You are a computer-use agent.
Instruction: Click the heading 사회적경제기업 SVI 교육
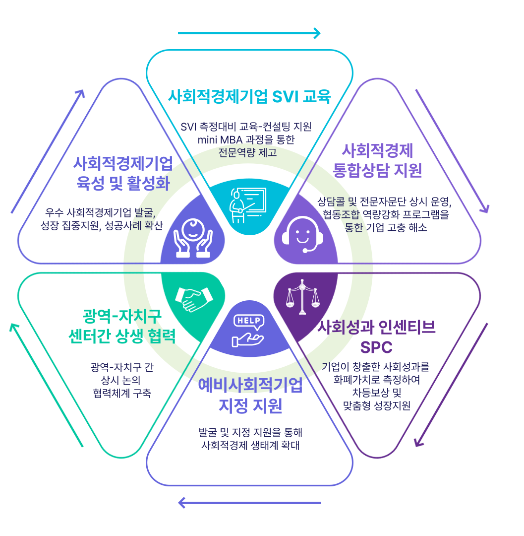click(249, 96)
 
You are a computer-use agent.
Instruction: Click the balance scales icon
click(301, 297)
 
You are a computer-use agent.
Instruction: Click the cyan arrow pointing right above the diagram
click(249, 34)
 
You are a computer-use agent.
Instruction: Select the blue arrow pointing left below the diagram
click(249, 503)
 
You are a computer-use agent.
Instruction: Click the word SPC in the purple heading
click(376, 347)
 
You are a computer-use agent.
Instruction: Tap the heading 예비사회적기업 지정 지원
click(250, 396)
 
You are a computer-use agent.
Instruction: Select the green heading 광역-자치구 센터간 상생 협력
click(122, 326)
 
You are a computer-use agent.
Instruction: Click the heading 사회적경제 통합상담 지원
click(378, 160)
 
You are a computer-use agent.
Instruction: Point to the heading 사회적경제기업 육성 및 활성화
click(123, 173)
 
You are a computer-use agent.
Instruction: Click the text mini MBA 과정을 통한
click(246, 139)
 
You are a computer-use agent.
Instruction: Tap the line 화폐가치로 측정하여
click(377, 380)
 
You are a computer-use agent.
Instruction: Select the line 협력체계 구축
click(122, 393)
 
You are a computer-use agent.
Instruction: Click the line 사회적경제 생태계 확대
click(250, 445)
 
